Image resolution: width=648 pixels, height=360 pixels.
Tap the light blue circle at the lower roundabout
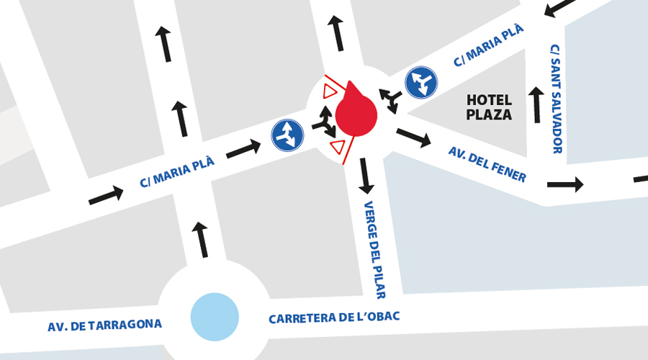coord(215,316)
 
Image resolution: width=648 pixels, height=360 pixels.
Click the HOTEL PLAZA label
coord(489,107)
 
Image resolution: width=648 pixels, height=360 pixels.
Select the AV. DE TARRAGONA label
coord(104,325)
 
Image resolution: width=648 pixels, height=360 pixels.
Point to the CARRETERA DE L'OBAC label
coord(333,317)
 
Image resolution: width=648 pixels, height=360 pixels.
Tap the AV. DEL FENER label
coord(487,164)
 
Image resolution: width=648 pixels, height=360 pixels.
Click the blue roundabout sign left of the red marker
coord(287,135)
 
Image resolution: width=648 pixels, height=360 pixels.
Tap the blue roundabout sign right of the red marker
coord(420,82)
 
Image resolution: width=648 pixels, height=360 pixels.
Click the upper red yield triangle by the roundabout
coord(330,91)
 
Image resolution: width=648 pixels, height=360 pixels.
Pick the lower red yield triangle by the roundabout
coord(336,147)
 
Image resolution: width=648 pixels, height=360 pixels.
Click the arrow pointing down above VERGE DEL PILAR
coord(366,176)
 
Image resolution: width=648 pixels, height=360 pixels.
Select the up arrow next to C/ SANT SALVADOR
coord(536,104)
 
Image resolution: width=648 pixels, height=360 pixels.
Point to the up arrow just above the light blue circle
coord(201,240)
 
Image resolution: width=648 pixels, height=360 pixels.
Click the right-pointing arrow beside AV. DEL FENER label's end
coord(564,184)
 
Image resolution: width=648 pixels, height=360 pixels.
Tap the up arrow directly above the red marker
coord(336,32)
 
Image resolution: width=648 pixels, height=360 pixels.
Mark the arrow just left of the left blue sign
coord(243,150)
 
